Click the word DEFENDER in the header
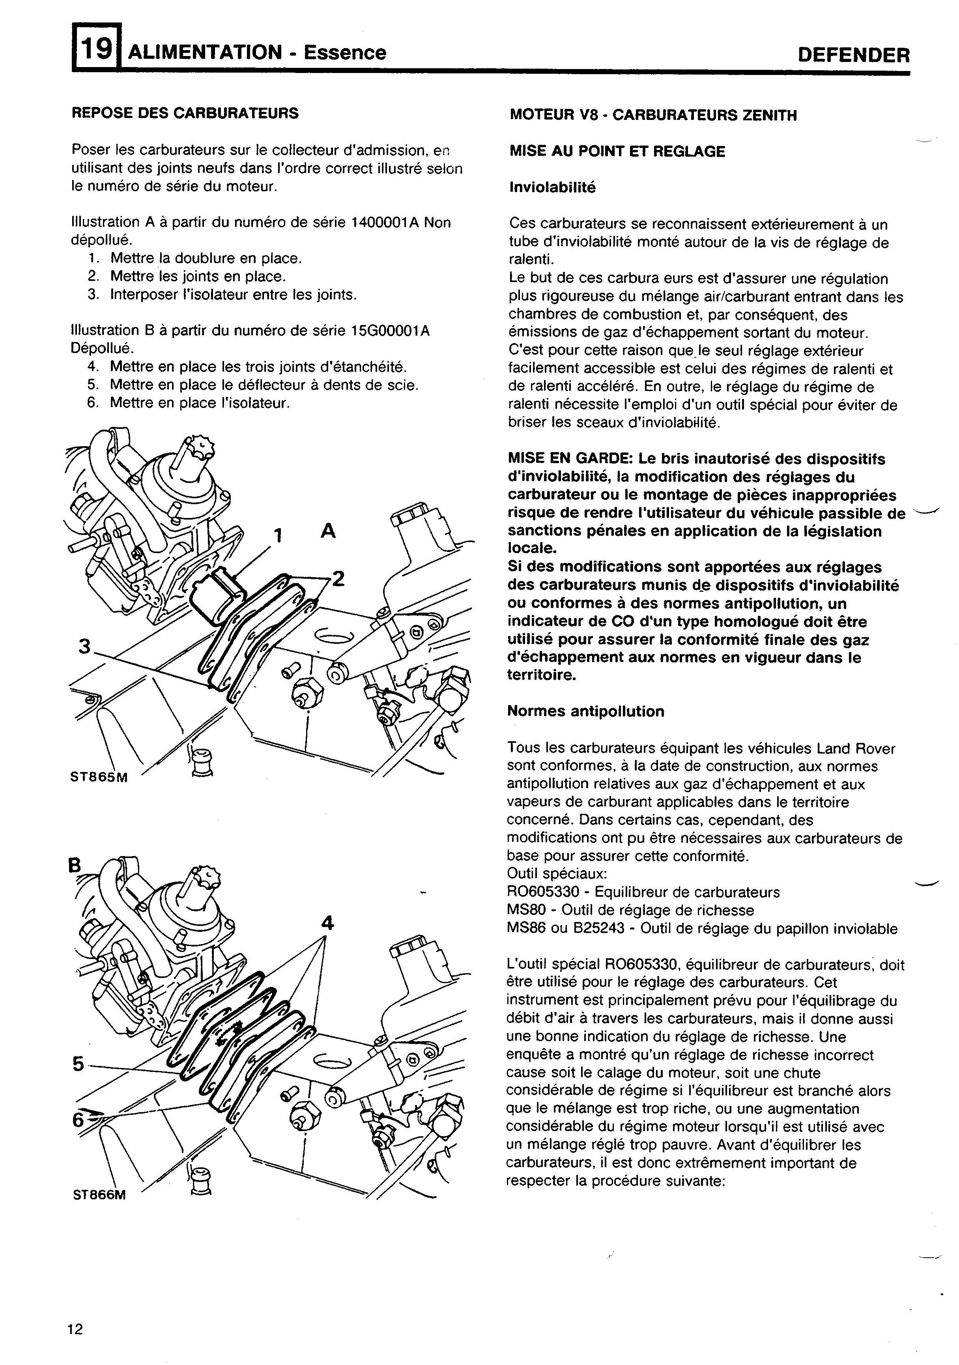click(854, 55)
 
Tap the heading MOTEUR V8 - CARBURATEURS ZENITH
click(653, 115)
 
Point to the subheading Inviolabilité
click(552, 188)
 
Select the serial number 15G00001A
click(391, 331)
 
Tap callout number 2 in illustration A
click(338, 578)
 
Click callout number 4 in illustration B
click(327, 923)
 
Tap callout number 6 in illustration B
click(78, 1120)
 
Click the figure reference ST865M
click(99, 777)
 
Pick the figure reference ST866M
click(99, 1195)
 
